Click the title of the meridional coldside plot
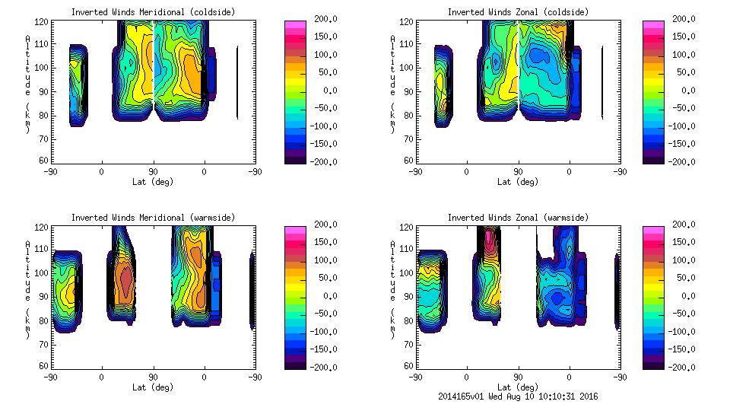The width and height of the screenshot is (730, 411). click(153, 12)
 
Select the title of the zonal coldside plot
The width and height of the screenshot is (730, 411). click(517, 12)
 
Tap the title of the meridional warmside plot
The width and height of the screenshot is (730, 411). click(153, 218)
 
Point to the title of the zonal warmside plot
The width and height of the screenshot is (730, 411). click(517, 218)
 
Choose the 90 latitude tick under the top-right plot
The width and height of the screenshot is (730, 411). click(518, 172)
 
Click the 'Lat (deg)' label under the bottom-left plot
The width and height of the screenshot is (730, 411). click(153, 387)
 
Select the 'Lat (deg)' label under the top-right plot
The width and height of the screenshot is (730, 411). click(517, 182)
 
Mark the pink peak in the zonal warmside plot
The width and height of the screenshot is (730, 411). click(488, 237)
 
